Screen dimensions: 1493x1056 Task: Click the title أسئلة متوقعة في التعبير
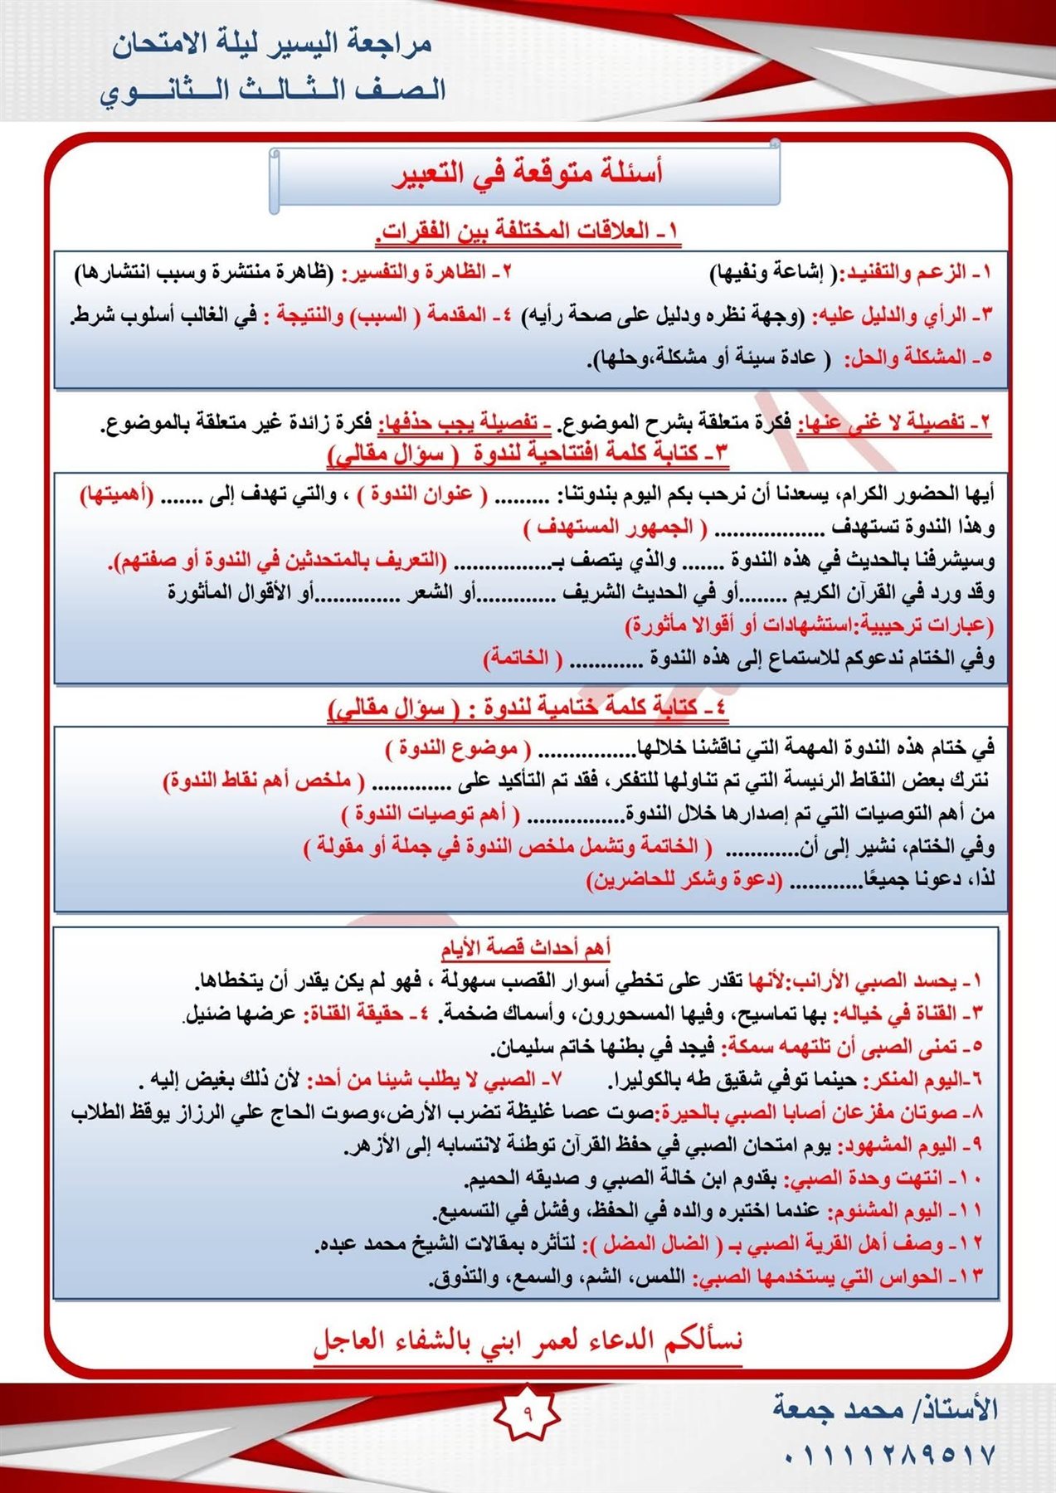(x=527, y=174)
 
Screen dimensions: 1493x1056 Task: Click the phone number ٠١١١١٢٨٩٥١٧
(x=888, y=1456)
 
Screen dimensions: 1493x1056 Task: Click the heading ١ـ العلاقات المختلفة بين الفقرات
(x=528, y=231)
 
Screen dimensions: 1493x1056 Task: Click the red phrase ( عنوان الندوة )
(x=421, y=495)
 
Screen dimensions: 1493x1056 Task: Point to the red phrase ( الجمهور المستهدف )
(x=615, y=528)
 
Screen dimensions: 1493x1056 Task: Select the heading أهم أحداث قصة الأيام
(x=525, y=947)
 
